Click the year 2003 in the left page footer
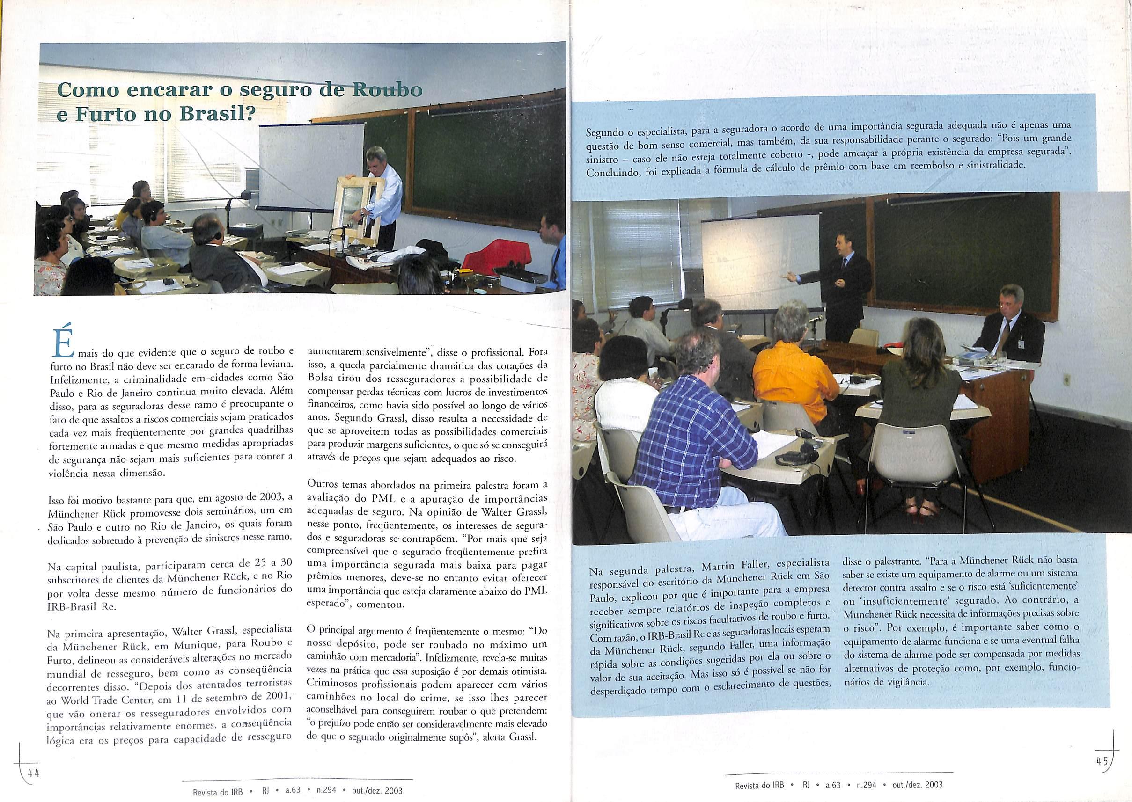pyautogui.click(x=392, y=790)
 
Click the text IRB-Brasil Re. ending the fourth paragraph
pyautogui.click(x=82, y=607)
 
